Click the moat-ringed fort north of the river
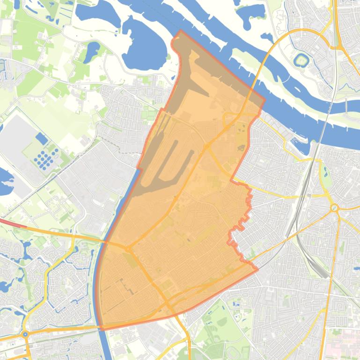300,60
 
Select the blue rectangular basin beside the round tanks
42,139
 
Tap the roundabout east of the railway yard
334,208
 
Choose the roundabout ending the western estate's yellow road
25,335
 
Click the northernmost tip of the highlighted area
181,31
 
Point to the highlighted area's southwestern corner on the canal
103,329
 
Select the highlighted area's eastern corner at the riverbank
264,99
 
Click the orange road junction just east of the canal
128,248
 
